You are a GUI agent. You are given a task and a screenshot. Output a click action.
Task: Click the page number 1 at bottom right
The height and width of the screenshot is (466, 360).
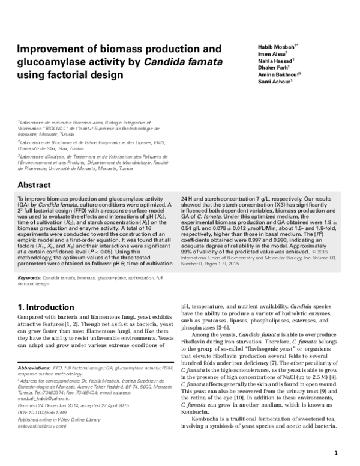(x=337, y=453)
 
